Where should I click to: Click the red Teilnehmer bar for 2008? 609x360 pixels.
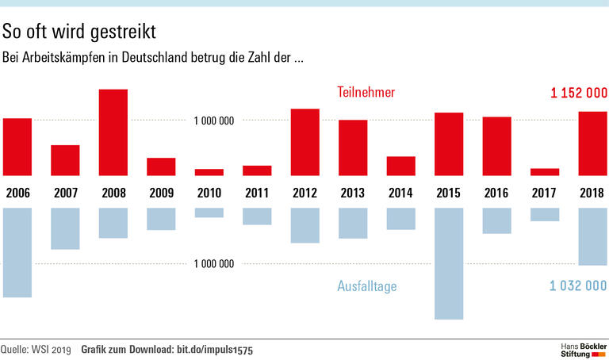(x=113, y=132)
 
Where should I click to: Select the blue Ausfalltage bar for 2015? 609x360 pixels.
(x=449, y=263)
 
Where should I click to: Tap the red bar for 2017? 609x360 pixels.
(x=545, y=171)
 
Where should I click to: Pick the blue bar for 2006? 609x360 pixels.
(x=17, y=252)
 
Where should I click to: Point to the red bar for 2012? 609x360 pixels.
(x=304, y=142)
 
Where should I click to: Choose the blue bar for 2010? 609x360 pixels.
(x=209, y=213)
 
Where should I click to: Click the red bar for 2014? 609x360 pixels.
(x=400, y=166)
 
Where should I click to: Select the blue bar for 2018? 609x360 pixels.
(x=592, y=236)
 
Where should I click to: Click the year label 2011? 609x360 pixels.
(x=257, y=193)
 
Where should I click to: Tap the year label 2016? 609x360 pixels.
(x=496, y=193)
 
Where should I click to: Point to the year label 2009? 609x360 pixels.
(x=161, y=193)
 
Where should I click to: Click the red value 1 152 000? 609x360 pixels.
(x=578, y=93)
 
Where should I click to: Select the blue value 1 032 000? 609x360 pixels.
(x=578, y=285)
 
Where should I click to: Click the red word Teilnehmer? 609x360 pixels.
(x=366, y=93)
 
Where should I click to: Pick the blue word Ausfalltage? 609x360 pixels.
(x=366, y=285)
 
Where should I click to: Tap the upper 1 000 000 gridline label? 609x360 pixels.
(x=214, y=121)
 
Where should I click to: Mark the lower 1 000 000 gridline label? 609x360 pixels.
(x=214, y=263)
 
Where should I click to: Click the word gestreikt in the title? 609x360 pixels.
(x=118, y=32)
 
